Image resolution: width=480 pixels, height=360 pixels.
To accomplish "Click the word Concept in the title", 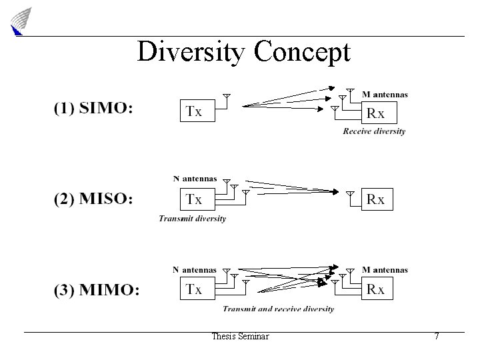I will pos(302,51).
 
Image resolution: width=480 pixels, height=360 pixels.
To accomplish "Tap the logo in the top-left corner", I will pos(21,20).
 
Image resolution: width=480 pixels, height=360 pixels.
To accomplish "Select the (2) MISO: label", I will pos(93,199).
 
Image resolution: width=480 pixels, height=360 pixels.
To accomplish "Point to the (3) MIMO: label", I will pos(96,289).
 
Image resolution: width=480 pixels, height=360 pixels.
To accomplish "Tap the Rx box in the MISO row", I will pos(376,199).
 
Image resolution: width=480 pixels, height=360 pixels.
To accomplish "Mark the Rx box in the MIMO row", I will pos(376,289).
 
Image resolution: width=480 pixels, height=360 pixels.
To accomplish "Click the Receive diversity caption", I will pos(374,131).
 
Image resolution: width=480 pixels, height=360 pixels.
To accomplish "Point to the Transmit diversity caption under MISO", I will pos(192,218).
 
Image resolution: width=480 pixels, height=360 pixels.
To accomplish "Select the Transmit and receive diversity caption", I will pos(278,309).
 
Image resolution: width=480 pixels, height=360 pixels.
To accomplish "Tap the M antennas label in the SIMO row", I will pos(385,95).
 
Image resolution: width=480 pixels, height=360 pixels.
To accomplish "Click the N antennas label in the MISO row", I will pos(195,179).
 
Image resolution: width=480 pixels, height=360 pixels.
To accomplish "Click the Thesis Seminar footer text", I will pos(240,337).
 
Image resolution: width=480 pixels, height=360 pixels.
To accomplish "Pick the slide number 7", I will pos(437,337).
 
